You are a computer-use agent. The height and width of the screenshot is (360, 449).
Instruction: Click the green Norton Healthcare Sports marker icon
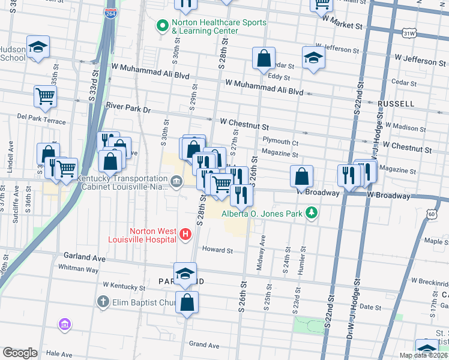coord(161,26)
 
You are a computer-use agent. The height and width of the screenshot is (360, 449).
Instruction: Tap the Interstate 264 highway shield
coord(111,13)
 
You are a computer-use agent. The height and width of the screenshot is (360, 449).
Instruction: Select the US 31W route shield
coord(409,34)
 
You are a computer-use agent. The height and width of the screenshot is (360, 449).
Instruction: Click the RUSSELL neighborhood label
coord(396,104)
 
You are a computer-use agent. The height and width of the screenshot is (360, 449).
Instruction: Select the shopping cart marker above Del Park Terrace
coord(46,96)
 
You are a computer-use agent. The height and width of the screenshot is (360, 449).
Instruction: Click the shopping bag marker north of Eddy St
coord(264,59)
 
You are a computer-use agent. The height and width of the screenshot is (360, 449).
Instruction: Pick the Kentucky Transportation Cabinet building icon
coord(176,181)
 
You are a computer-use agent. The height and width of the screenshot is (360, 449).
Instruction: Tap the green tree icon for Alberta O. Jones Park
coord(311,213)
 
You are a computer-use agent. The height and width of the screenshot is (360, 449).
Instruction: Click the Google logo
coord(20,353)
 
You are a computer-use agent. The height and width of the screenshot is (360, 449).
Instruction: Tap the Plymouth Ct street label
coord(280,143)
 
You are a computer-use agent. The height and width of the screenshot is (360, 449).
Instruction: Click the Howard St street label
coord(217,250)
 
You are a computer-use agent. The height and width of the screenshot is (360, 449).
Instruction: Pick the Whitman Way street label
coord(77,269)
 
